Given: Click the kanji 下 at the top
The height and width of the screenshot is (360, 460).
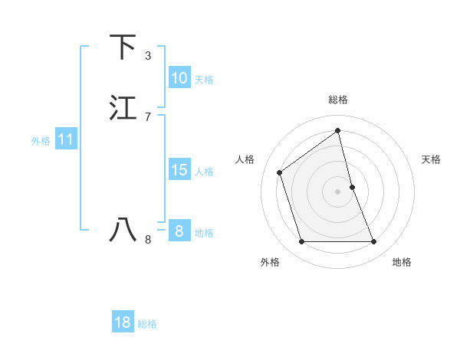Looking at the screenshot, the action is tap(123, 47).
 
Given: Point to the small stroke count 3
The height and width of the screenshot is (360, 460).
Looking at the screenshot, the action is tap(148, 56).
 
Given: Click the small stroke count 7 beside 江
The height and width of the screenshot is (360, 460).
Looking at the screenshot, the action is tap(148, 116).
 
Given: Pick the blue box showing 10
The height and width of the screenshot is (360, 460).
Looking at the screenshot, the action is tap(179, 78).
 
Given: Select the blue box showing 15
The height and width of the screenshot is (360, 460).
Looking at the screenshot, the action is tap(179, 170).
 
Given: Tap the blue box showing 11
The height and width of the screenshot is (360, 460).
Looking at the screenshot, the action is tap(66, 140).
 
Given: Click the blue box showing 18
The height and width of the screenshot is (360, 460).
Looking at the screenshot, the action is tap(123, 323).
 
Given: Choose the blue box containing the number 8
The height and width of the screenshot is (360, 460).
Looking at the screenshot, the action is tap(179, 231).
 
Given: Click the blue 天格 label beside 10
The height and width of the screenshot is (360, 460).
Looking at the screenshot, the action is tap(204, 80).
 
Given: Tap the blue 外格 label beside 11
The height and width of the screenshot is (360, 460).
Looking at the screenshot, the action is tap(41, 141).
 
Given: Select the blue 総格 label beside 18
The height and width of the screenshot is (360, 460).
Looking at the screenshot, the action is tap(147, 324).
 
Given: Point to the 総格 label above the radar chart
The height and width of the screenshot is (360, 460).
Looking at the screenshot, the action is tap(338, 100).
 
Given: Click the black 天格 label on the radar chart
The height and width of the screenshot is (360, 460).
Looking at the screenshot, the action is tap(432, 159).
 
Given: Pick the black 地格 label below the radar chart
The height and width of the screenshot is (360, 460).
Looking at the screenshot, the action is tap(402, 262).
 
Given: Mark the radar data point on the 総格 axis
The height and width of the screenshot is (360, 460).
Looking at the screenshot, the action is tap(338, 131).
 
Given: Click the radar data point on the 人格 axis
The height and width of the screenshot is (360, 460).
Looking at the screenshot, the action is tap(280, 172).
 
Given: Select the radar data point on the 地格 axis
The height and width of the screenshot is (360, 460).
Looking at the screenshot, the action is tap(374, 242).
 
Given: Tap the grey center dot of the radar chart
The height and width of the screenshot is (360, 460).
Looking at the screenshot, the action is tap(338, 191).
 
